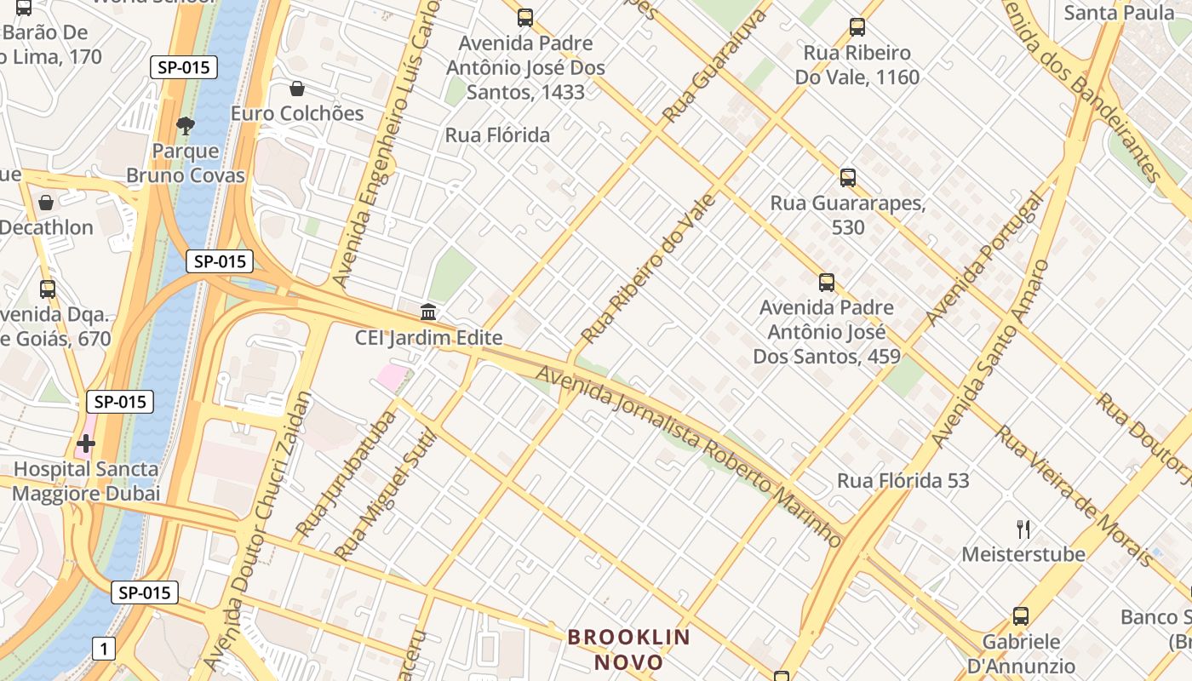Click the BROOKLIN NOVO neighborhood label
(628, 650)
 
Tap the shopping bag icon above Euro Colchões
(297, 89)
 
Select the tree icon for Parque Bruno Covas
(185, 126)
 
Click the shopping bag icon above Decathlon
(46, 203)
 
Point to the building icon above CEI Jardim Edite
(428, 312)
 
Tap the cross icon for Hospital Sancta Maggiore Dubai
(86, 444)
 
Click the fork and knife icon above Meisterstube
(1023, 529)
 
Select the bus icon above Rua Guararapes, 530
(847, 178)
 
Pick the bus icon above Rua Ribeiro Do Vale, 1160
(857, 27)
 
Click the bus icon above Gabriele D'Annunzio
(1020, 616)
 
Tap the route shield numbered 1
(104, 650)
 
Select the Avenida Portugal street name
(984, 260)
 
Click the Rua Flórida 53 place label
(903, 481)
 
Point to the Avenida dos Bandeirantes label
(1081, 89)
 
